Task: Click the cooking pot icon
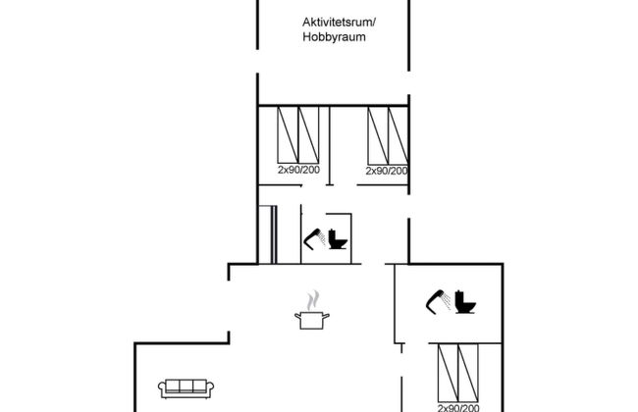point(311,319)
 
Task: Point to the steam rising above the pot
point(312,297)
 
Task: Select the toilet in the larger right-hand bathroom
point(466,302)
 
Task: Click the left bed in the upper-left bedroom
point(287,134)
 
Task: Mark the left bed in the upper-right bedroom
point(377,134)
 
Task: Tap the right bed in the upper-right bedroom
point(399,134)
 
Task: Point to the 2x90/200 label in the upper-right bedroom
point(387,171)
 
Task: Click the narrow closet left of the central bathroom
point(266,233)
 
